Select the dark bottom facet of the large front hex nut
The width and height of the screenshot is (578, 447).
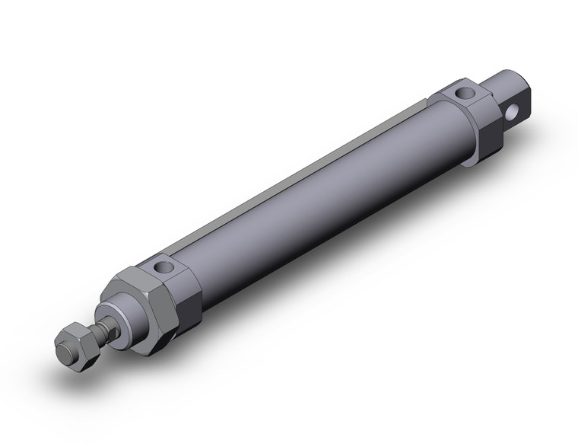point(156,343)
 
